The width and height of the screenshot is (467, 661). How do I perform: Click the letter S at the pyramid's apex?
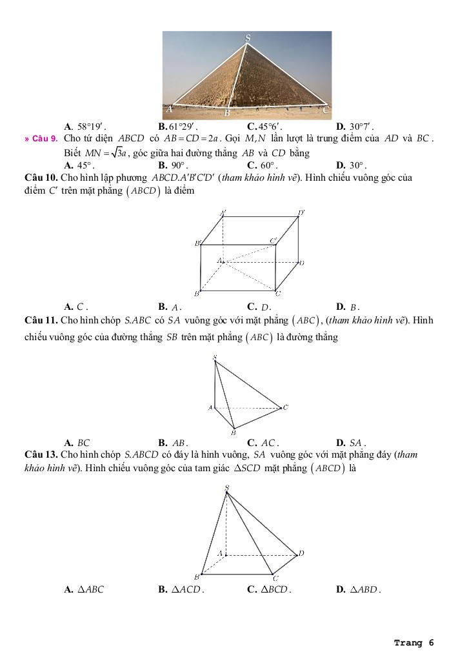point(248,39)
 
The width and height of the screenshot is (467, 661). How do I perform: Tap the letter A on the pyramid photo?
point(170,109)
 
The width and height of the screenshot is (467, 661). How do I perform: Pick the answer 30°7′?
point(361,127)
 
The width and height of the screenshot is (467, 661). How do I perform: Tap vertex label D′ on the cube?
point(301,212)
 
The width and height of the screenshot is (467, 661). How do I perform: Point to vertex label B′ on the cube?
point(197,243)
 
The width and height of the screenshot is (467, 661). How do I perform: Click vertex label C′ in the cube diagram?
point(273,240)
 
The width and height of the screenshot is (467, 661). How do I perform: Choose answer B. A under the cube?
point(176,307)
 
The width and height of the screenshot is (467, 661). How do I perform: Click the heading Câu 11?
point(41,320)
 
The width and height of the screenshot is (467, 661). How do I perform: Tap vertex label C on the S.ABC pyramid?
point(285,407)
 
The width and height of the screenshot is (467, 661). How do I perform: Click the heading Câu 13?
point(41,455)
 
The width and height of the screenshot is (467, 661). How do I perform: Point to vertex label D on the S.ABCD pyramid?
point(301,553)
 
